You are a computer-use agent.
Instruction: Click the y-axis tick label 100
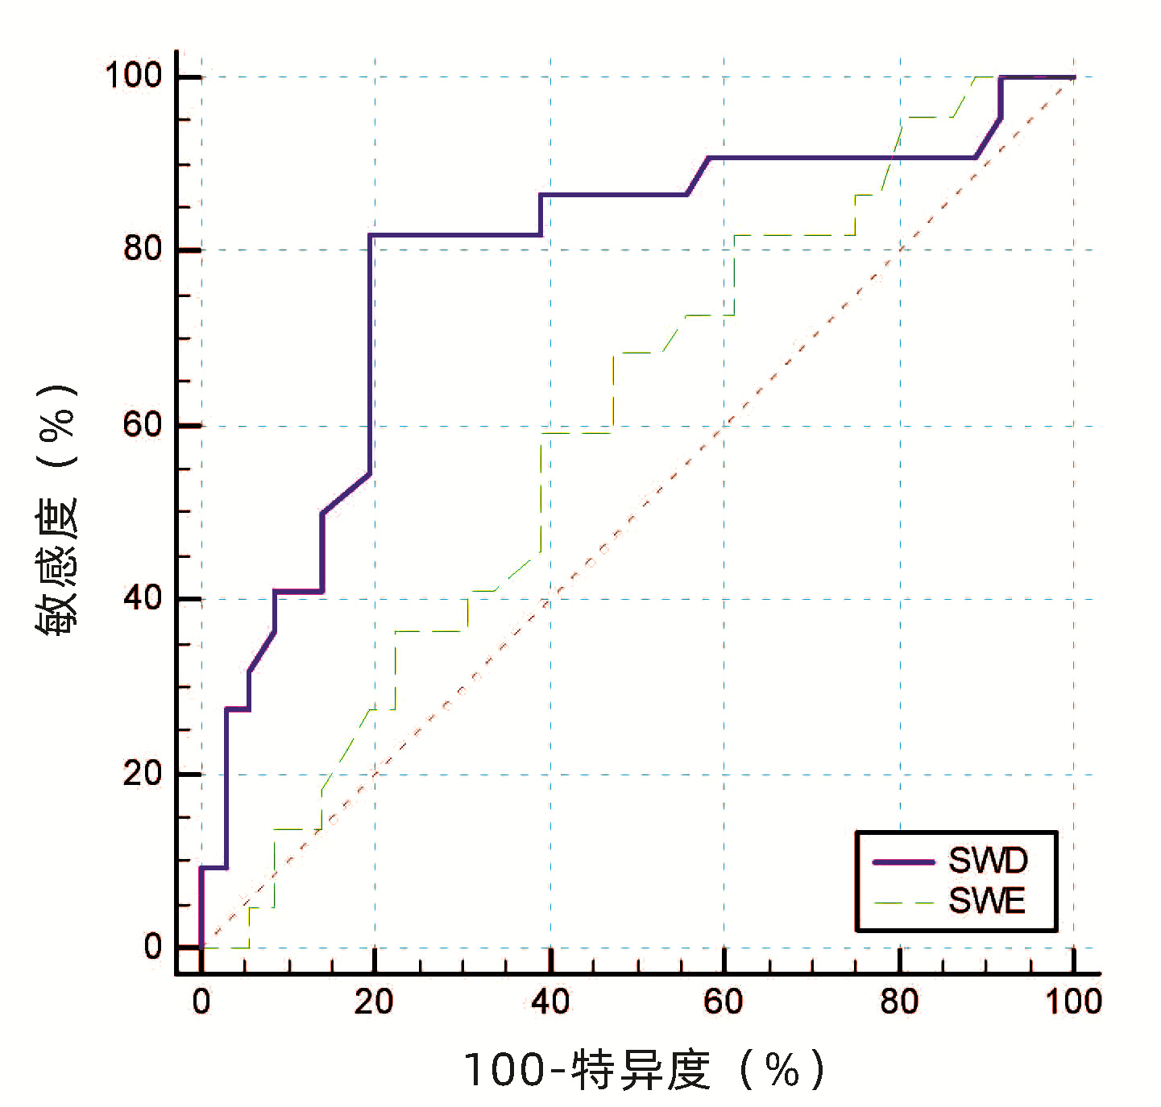pos(133,76)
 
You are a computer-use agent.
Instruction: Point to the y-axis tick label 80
pos(143,249)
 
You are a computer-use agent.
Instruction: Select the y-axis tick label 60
pos(143,424)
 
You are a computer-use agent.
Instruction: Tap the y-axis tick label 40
pos(143,598)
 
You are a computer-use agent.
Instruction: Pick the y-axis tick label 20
pos(143,774)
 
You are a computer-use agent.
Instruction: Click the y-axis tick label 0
pos(153,948)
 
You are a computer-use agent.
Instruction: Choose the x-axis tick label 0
pos(201,1002)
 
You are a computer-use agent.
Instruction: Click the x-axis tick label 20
pos(374,1002)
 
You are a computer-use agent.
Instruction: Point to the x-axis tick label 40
pos(550,1002)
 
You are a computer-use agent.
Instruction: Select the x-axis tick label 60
pos(723,1002)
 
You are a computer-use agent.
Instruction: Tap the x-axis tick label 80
pos(899,1002)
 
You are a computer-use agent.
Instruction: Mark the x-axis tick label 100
pos(1073,1002)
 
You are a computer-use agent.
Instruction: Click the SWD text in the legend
pos(988,861)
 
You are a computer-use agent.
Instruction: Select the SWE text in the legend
pos(986,901)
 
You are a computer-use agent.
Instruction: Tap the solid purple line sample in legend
pos(903,862)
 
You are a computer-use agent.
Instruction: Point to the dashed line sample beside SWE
pos(903,903)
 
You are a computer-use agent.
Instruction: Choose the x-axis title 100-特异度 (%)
pos(644,1070)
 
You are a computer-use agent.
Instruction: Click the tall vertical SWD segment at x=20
pos(370,354)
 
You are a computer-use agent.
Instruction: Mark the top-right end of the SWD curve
pos(1073,77)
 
